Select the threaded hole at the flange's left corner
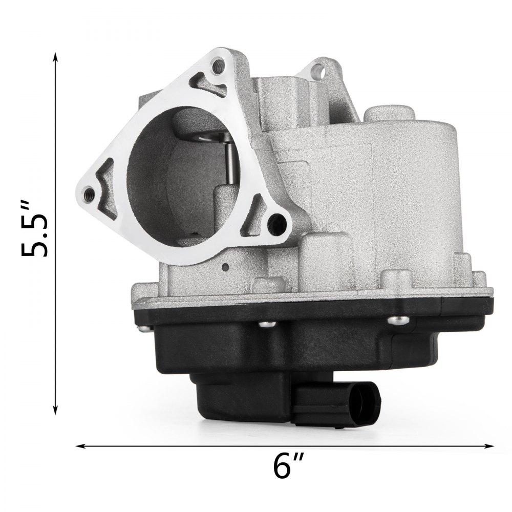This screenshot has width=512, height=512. point(90,193)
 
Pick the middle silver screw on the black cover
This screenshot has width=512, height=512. point(265,324)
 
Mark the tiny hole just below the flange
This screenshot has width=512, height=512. point(225,266)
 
